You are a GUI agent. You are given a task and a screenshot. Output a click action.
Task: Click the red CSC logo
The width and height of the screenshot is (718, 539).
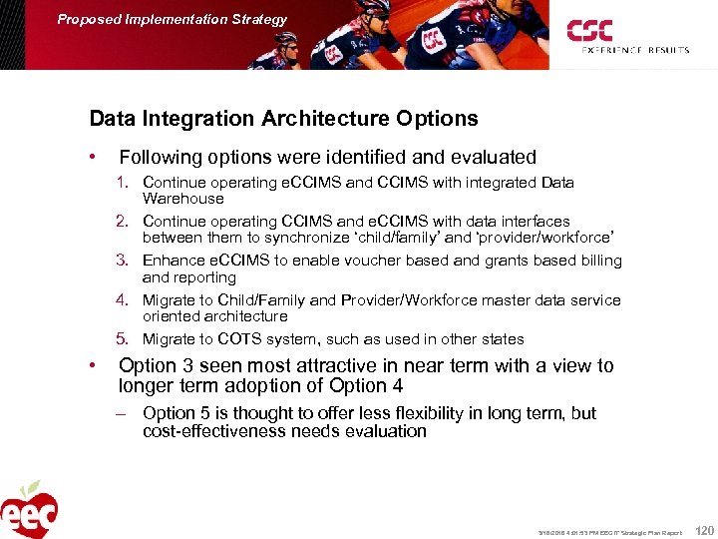[x=590, y=30]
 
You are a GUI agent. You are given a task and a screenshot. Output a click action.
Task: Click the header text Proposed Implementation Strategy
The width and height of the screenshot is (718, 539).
[x=172, y=19]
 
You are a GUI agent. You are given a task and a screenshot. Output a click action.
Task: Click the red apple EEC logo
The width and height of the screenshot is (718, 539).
[x=28, y=510]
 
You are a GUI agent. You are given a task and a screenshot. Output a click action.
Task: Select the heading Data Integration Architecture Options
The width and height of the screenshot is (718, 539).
[x=283, y=119]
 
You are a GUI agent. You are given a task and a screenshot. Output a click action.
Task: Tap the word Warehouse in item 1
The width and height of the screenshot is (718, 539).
[x=183, y=199]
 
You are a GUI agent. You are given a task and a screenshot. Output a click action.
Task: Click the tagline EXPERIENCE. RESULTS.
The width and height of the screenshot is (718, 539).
[x=629, y=49]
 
